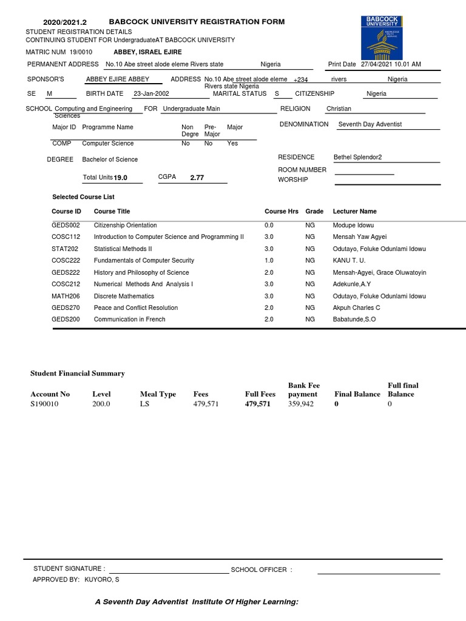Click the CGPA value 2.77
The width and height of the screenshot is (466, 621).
coord(197,178)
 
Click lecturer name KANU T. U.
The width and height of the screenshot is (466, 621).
coord(349,261)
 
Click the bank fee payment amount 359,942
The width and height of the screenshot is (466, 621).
coord(301,404)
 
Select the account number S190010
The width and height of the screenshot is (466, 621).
coord(44,404)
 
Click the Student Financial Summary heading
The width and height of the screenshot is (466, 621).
coord(77,374)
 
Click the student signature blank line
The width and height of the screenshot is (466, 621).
coord(168,570)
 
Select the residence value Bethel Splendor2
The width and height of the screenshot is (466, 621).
coord(362,157)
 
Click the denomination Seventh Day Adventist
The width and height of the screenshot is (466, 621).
coord(370,124)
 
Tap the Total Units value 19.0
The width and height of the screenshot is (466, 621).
coord(121,178)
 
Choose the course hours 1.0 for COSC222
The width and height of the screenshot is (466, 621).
coord(269,261)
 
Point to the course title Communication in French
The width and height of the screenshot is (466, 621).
coord(129,320)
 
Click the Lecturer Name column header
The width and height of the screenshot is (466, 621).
coord(354,212)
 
